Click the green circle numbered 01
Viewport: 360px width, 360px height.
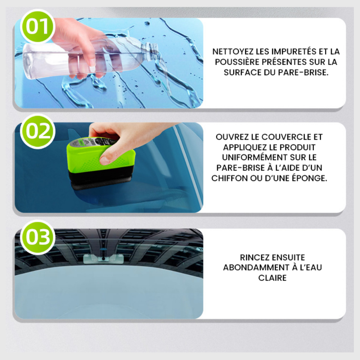click(37, 27)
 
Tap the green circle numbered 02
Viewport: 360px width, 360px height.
click(37, 131)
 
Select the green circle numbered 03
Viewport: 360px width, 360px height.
click(37, 238)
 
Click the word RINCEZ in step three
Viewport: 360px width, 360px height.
click(254, 257)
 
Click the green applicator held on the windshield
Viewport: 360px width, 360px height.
click(101, 162)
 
